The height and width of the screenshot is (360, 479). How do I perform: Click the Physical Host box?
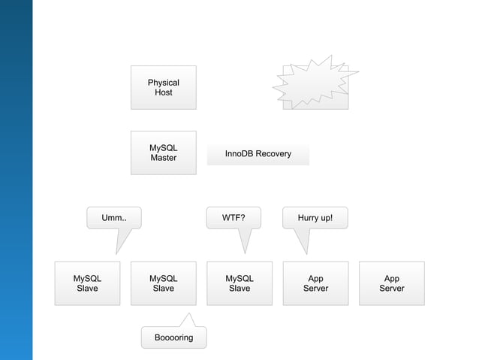click(x=163, y=87)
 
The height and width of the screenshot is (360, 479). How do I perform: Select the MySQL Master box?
click(x=163, y=153)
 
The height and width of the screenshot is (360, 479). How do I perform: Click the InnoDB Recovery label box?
click(x=258, y=154)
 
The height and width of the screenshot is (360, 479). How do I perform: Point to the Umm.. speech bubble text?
click(x=114, y=218)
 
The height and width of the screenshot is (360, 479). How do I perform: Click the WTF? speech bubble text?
click(x=233, y=218)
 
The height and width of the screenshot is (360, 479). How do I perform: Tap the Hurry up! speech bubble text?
click(x=315, y=218)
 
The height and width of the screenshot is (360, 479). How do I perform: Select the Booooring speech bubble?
click(x=173, y=337)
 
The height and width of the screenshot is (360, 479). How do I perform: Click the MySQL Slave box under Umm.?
click(x=87, y=283)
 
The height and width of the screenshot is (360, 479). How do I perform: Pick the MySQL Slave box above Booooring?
click(x=163, y=283)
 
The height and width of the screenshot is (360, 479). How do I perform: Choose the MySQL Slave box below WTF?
click(x=239, y=283)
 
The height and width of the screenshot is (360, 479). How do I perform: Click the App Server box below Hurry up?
click(x=315, y=283)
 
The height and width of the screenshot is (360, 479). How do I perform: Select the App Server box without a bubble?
click(x=391, y=283)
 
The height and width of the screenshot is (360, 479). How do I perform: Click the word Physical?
click(x=163, y=83)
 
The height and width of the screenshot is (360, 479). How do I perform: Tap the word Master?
click(x=163, y=159)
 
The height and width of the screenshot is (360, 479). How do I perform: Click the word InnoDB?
click(x=239, y=154)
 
